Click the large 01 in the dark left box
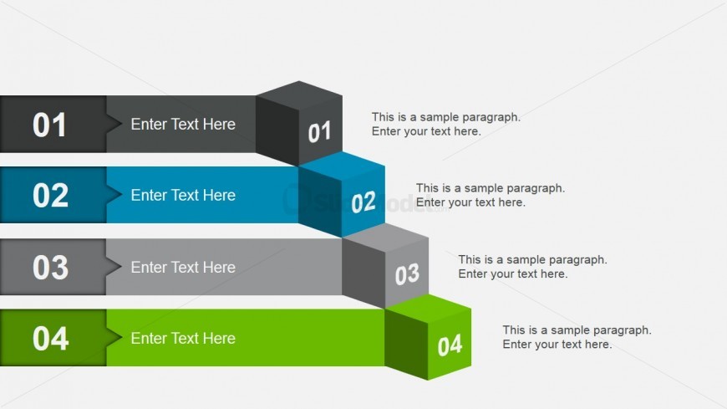tap(49, 125)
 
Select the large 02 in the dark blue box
tap(50, 196)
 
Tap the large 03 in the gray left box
tap(50, 268)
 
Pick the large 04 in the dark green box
tap(50, 339)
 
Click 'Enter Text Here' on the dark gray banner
tap(183, 125)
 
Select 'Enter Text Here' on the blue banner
tap(183, 196)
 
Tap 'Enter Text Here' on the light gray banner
tap(183, 268)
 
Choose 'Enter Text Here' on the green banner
tap(183, 339)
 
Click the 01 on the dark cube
tap(319, 132)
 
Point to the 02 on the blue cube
tap(363, 202)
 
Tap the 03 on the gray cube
tap(407, 274)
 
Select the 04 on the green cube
tap(450, 345)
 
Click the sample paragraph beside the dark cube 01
tap(445, 124)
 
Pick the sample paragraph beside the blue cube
tap(490, 195)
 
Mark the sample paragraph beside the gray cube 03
tap(532, 267)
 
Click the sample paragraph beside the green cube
tap(577, 337)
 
